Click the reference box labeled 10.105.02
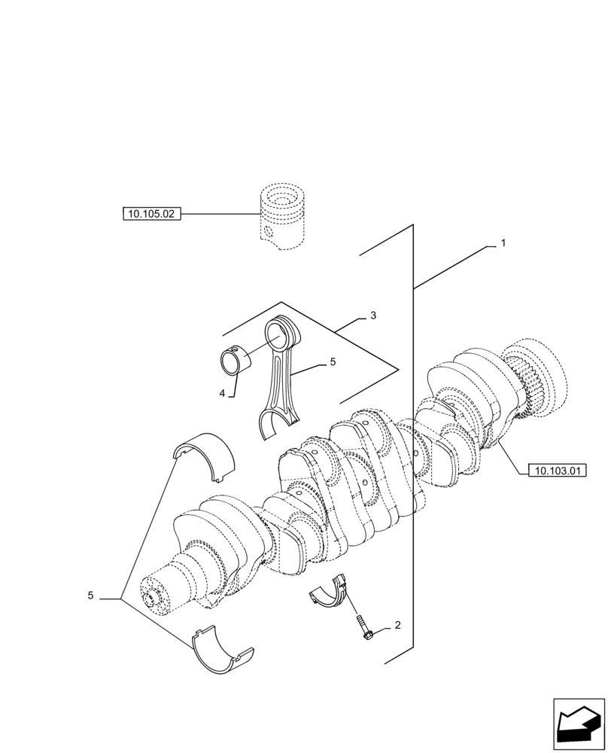click(x=151, y=214)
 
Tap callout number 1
click(x=503, y=244)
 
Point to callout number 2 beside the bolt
click(x=397, y=626)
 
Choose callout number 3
click(x=372, y=316)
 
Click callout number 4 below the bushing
click(x=223, y=393)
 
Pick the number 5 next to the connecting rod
click(x=332, y=362)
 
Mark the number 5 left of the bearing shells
click(x=90, y=596)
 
